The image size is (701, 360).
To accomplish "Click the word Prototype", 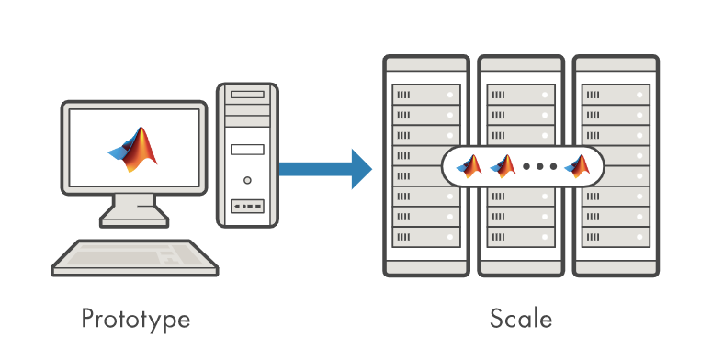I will pyautogui.click(x=135, y=319).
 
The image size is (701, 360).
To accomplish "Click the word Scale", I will pyautogui.click(x=521, y=319).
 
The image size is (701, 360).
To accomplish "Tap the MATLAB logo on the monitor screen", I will pyautogui.click(x=134, y=149).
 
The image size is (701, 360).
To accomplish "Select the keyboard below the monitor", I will pyautogui.click(x=135, y=258).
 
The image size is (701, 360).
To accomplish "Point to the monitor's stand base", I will pyautogui.click(x=134, y=219).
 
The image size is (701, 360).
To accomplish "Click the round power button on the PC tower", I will pyautogui.click(x=246, y=180).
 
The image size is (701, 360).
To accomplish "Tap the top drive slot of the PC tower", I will pyautogui.click(x=246, y=95).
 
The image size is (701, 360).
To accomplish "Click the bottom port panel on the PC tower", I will pyautogui.click(x=246, y=206).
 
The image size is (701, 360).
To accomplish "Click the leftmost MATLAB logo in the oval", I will pyautogui.click(x=470, y=167).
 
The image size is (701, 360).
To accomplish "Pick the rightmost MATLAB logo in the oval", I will pyautogui.click(x=578, y=167).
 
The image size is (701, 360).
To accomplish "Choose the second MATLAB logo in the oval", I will pyautogui.click(x=503, y=167).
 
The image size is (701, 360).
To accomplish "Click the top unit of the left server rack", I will pyautogui.click(x=425, y=95).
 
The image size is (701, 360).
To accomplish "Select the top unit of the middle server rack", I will pyautogui.click(x=520, y=95).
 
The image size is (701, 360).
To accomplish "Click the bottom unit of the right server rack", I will pyautogui.click(x=615, y=236).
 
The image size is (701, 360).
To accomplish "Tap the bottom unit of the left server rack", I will pyautogui.click(x=425, y=236).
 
